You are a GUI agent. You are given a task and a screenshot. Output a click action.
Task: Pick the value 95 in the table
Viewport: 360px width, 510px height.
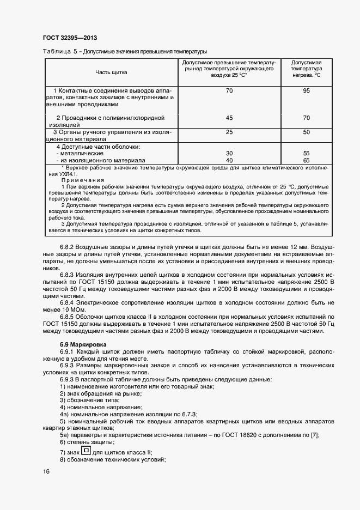306,90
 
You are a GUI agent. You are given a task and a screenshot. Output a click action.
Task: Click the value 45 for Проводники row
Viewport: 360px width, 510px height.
229,118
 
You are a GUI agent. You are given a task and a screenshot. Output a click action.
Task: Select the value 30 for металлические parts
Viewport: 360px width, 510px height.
229,154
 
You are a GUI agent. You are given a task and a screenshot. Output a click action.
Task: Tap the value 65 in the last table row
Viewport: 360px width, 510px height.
306,161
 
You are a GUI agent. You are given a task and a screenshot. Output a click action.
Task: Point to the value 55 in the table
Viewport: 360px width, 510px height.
306,154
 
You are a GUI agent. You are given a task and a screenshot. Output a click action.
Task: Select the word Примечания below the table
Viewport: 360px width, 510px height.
80,180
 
